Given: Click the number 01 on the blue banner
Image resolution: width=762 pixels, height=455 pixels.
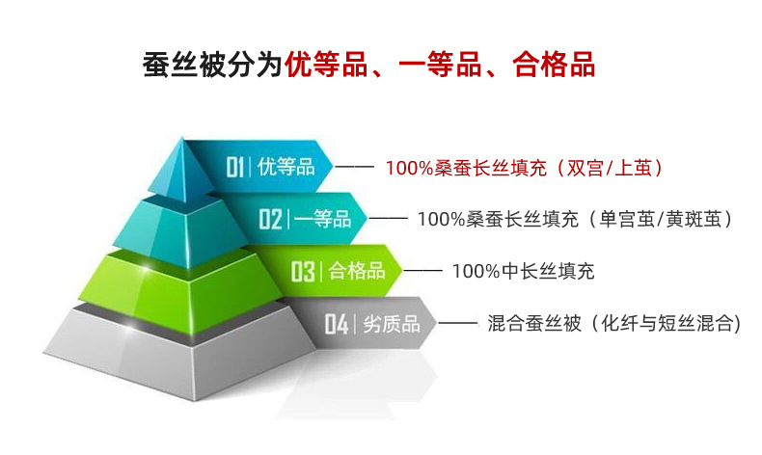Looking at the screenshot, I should click(x=236, y=167).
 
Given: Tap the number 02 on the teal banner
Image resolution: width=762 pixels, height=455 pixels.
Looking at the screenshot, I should click(x=270, y=219).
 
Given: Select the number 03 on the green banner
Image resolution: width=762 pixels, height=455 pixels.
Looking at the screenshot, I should click(x=303, y=271).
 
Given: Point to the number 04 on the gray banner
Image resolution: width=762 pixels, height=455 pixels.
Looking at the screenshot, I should click(x=336, y=324).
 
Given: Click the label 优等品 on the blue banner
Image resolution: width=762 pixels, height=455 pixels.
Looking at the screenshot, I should click(x=286, y=167).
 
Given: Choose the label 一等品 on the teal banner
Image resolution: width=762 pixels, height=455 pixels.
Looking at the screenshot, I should click(x=322, y=219).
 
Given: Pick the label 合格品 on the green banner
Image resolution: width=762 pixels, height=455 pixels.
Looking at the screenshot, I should click(x=357, y=271).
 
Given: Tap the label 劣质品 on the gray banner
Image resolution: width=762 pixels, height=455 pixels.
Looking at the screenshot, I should click(x=392, y=324).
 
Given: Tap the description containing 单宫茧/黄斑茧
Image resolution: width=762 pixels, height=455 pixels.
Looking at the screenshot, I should click(x=575, y=220).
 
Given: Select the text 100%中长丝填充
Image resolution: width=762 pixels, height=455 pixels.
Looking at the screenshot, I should click(x=523, y=272).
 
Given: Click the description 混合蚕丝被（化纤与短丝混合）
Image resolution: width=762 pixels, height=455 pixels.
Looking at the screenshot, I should click(x=613, y=324).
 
